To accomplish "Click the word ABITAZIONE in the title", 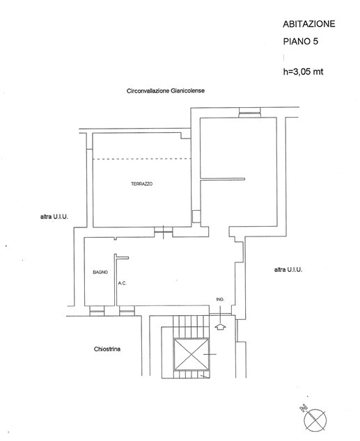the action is point(308,24).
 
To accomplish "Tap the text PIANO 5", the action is point(300,41).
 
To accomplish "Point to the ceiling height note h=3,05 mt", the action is point(303,72).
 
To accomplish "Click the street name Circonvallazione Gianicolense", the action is point(166,91).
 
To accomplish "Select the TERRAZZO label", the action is point(142,184).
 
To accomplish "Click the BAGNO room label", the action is point(100,272).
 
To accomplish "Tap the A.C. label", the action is point(122,283).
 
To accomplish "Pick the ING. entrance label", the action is point(220,300).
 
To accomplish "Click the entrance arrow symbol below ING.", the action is point(221,326).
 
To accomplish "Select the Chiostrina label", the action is point(107,349).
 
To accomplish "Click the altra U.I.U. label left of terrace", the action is point(54,217).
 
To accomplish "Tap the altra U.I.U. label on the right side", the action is point(288,270).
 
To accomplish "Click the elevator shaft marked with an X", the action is point(191,355).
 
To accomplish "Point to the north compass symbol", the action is point(315,420).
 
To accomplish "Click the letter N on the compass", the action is point(304,408).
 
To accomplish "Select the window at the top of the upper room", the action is point(250,113).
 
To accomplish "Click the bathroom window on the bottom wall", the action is point(97,311).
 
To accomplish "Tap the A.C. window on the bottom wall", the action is point(127,311).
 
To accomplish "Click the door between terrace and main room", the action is point(163,232).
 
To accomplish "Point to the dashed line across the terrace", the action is point(142,159).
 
